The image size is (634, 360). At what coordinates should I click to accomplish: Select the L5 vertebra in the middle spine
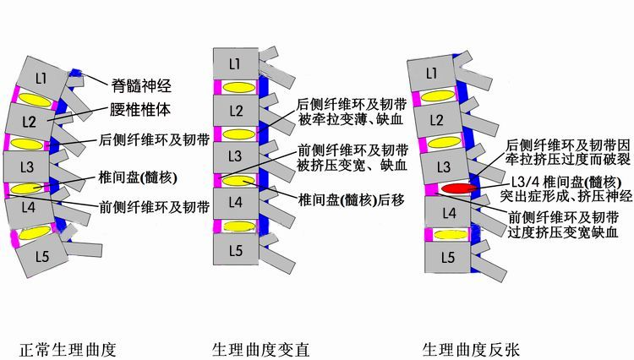pos(236,249)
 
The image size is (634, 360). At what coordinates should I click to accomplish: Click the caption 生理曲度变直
pos(260,348)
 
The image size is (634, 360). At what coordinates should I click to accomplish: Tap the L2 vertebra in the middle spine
pos(236,110)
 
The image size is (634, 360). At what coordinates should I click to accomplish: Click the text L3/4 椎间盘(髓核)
pos(567,182)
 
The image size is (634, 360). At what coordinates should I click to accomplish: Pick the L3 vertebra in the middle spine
pos(236,156)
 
